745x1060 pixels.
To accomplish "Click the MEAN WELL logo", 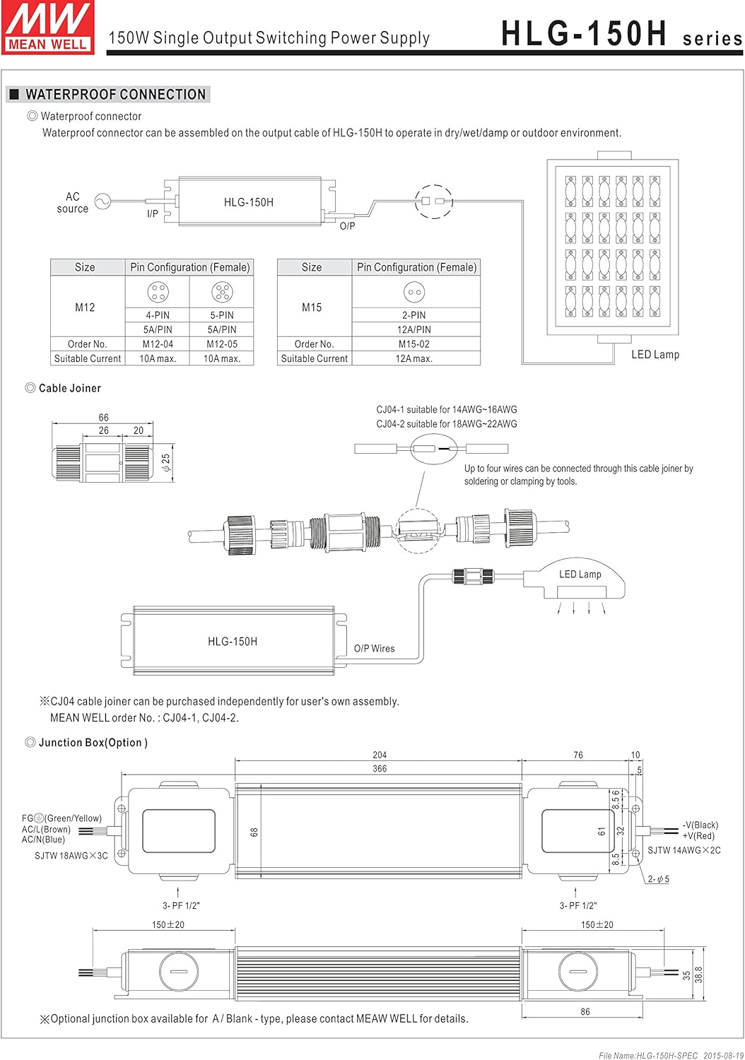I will point(48,27).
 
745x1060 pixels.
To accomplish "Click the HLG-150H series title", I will point(621,34).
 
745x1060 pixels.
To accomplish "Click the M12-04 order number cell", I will point(158,344).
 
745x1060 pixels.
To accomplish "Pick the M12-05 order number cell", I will point(222,344).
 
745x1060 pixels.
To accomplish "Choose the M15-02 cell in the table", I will point(414,344).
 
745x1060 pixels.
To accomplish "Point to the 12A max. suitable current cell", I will point(414,359).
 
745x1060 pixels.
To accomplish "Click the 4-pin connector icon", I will point(158,291).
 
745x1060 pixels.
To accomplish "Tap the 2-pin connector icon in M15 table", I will point(414,292).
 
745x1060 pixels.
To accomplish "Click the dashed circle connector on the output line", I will point(433,201).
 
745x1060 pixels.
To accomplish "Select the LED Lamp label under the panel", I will point(655,355).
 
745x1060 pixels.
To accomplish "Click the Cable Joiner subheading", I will point(69,388).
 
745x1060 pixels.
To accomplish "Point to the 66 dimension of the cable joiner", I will point(103,418).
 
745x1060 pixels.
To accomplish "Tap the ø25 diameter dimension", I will point(166,463).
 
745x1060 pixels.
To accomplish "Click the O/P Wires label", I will point(374,649).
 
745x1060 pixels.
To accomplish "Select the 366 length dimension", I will point(380,768).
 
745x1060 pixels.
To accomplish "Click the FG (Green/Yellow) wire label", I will point(62,818).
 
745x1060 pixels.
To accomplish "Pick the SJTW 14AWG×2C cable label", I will point(684,850).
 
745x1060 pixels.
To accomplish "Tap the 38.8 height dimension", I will point(698,974).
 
